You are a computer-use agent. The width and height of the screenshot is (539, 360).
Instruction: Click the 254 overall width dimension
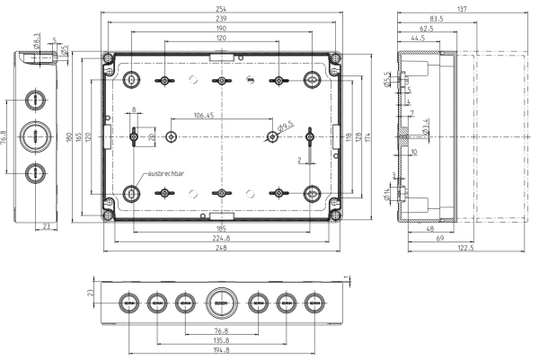(221, 7)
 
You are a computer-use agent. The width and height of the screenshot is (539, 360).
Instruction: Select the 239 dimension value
(221, 18)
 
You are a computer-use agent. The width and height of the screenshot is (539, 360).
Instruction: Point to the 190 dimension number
(221, 29)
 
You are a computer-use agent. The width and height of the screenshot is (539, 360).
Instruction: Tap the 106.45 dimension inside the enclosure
(204, 116)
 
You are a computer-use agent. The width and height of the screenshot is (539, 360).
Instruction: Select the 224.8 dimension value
(221, 239)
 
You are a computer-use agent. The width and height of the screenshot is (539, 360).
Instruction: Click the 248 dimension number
(221, 249)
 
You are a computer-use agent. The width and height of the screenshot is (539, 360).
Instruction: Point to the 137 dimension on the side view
(462, 8)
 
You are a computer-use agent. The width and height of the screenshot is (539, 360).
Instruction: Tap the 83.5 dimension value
(437, 18)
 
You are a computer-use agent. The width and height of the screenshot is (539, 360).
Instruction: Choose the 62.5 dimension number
(427, 29)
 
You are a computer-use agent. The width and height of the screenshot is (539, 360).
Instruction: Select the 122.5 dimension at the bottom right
(464, 248)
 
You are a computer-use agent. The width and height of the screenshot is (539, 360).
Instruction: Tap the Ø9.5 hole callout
(286, 127)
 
